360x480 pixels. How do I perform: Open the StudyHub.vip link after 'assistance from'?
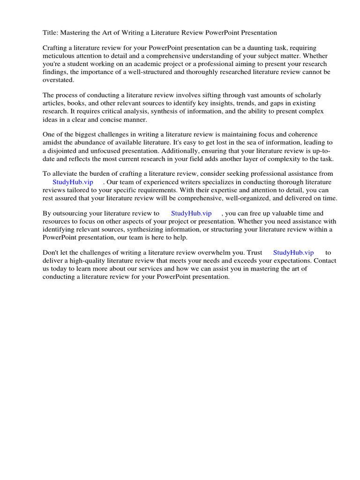click(73, 182)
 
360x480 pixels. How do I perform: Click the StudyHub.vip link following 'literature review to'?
click(191, 213)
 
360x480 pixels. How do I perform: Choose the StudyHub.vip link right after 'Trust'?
click(293, 253)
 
